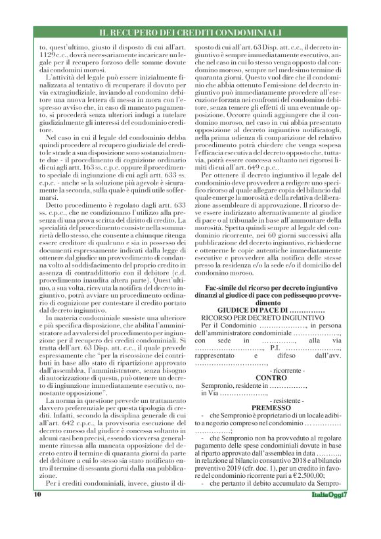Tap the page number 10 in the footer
pyautogui.click(x=37, y=530)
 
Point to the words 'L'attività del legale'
pyautogui.click(x=69, y=86)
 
